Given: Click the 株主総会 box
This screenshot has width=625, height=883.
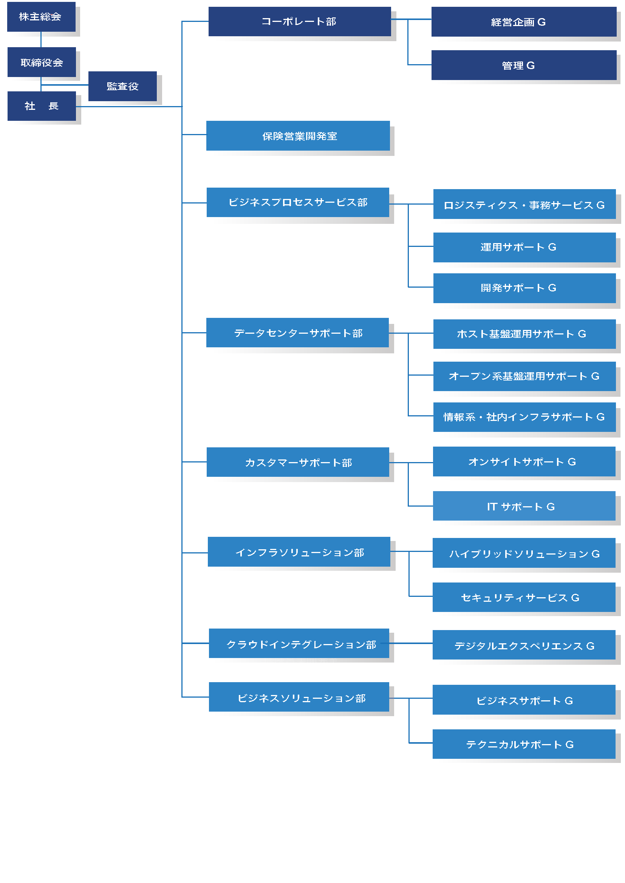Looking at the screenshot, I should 41,17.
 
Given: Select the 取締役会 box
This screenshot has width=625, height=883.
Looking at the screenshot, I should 42,62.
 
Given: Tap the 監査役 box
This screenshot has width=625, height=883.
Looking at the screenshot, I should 122,86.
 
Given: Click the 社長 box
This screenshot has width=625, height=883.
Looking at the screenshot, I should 42,106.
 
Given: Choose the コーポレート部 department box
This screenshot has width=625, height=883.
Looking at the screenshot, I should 299,22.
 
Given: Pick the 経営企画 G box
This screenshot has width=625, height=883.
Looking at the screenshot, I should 523,22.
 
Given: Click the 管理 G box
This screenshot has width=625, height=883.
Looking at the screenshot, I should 523,65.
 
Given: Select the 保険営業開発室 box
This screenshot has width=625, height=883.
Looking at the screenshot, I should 298,136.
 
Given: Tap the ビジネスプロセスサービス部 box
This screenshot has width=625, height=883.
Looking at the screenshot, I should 297,202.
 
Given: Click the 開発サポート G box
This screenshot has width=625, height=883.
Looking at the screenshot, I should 524,288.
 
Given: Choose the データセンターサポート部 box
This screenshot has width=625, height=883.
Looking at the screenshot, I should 297,333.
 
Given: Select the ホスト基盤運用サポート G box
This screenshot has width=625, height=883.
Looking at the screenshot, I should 524,334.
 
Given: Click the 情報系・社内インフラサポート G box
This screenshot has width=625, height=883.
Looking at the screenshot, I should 524,417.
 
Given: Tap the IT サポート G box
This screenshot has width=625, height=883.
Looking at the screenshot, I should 524,506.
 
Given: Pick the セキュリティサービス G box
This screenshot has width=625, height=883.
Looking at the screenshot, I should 524,597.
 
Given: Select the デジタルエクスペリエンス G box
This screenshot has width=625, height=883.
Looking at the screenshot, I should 524,645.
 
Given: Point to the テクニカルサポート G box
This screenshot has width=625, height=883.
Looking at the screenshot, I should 524,744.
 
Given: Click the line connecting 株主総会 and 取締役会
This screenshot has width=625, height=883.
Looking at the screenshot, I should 41,40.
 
